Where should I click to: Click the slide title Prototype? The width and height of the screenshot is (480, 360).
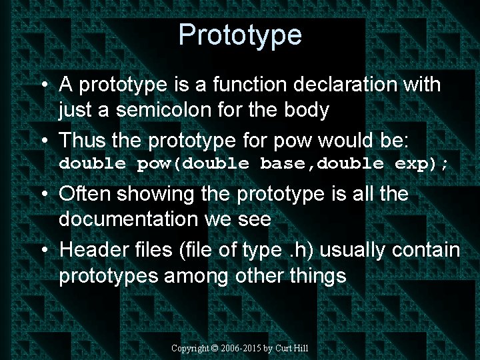pos(240,35)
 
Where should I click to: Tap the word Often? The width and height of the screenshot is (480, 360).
pos(86,195)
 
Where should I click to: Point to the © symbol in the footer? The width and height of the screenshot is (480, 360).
pos(215,348)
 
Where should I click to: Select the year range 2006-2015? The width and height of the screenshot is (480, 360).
pos(241,348)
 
